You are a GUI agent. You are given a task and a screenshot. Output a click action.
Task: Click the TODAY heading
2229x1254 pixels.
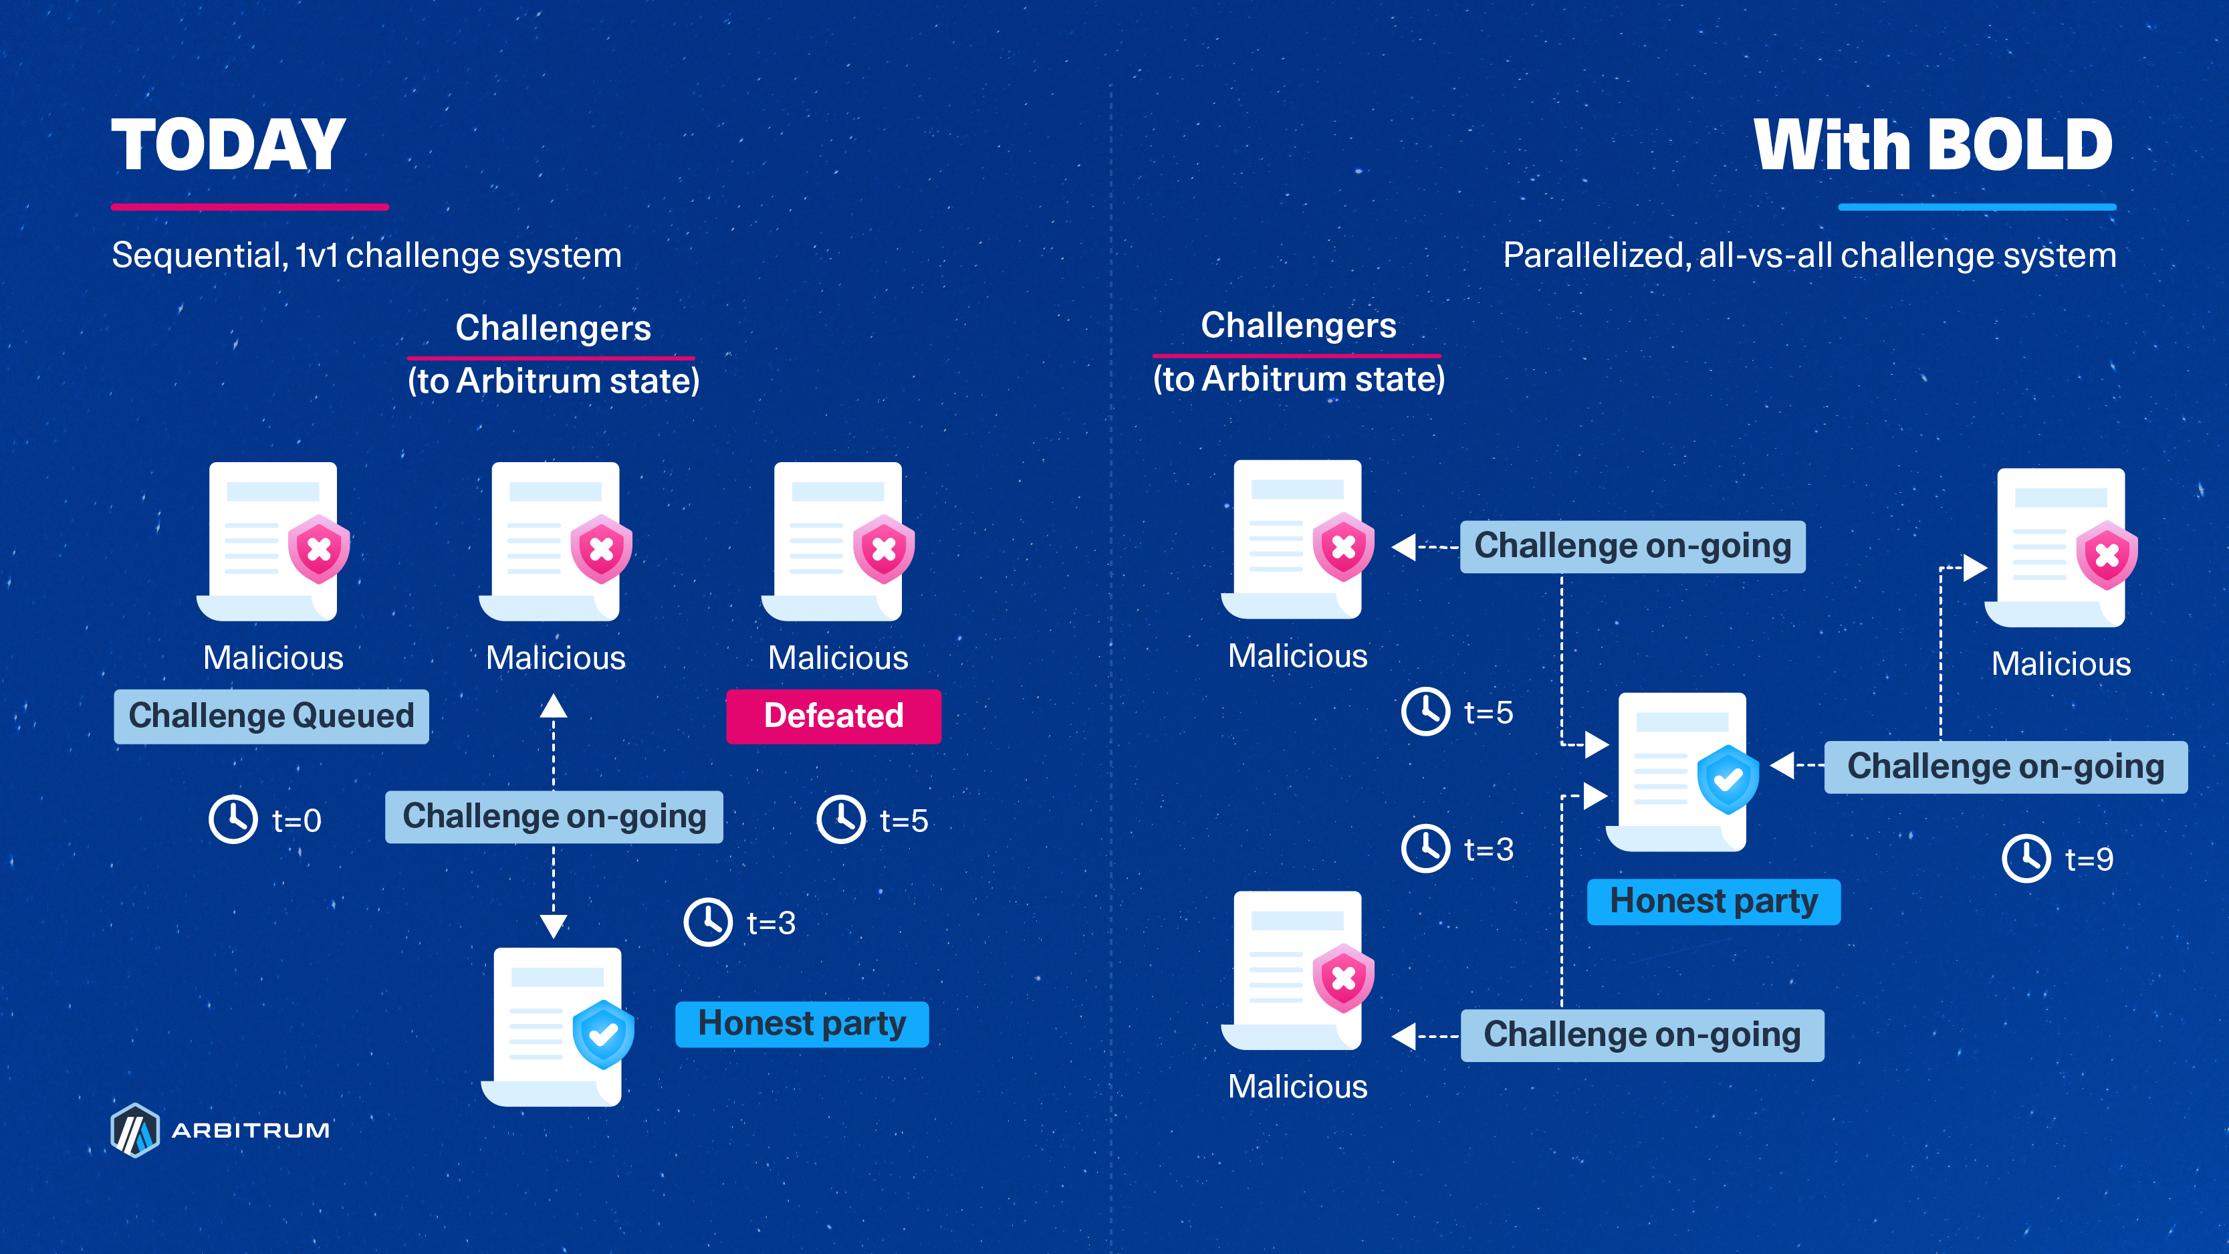click(229, 145)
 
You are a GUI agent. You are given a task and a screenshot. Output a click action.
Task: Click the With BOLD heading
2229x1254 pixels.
click(1933, 145)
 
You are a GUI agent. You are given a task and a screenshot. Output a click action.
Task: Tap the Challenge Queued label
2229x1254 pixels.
click(271, 716)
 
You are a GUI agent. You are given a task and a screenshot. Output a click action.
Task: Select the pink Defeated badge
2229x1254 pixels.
click(833, 716)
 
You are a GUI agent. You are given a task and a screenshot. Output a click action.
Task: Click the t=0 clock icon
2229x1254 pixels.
click(233, 819)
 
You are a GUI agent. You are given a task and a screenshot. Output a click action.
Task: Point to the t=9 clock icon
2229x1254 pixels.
click(2026, 859)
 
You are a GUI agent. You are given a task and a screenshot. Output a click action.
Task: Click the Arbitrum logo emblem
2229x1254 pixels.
click(135, 1130)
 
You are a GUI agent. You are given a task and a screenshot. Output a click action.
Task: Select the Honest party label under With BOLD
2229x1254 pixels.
click(1714, 902)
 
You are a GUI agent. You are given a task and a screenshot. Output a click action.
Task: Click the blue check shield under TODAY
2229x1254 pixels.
click(603, 1034)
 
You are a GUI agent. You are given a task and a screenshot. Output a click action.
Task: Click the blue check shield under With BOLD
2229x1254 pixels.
click(1727, 780)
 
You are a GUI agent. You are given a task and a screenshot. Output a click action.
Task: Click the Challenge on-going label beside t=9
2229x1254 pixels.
click(2005, 766)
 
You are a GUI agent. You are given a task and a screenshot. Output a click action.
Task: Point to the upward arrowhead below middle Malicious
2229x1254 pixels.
click(554, 706)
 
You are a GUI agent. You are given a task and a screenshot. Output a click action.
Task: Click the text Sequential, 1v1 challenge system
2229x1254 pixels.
click(367, 255)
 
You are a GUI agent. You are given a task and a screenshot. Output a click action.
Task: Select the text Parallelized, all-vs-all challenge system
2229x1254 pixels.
click(1809, 255)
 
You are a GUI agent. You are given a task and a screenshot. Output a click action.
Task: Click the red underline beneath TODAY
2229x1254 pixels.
click(249, 207)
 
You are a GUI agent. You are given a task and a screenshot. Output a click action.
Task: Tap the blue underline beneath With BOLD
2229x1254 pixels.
click(1977, 207)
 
